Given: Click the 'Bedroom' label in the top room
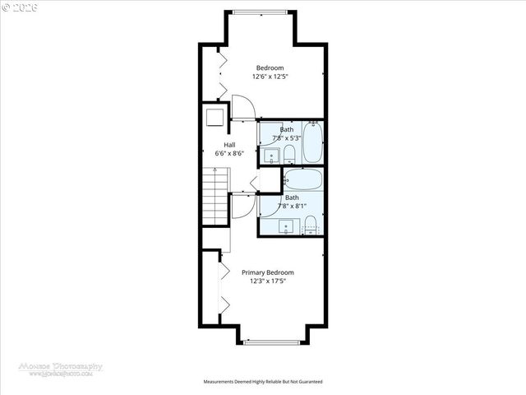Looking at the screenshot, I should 270,67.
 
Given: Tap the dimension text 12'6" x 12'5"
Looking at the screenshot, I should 270,77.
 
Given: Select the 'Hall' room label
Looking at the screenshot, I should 218,144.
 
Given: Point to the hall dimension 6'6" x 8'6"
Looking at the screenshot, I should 218,153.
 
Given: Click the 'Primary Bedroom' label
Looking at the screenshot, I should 267,272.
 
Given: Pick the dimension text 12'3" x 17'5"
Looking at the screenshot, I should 267,281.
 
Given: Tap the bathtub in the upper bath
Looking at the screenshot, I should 312,142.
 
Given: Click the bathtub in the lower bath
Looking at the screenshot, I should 303,179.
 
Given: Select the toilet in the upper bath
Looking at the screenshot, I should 288,154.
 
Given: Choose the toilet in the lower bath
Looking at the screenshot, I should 311,222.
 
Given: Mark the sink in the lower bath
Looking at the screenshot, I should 286,225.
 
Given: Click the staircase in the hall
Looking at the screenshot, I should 215,194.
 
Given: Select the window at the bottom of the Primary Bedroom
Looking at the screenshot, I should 272,342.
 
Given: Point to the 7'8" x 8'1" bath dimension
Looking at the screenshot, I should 293,207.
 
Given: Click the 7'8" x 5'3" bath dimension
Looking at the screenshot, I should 287,138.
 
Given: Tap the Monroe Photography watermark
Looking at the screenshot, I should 62,369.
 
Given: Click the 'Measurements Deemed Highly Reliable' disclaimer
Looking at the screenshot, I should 263,382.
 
